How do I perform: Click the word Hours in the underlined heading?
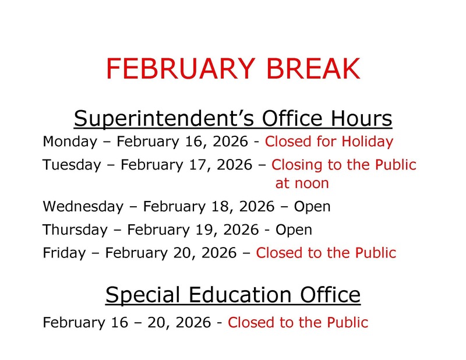[360, 119]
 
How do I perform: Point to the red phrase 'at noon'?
[302, 183]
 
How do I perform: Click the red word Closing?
[295, 165]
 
